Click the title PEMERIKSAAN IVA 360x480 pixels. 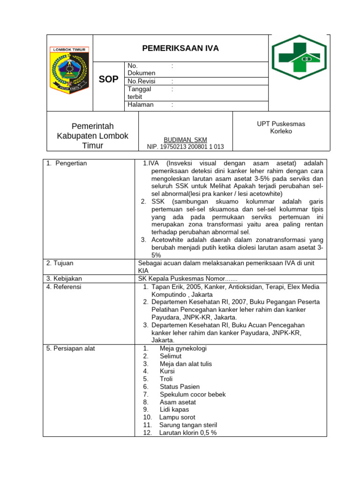pos(180,48)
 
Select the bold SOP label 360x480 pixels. pos(108,79)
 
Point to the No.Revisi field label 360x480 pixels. pos(141,81)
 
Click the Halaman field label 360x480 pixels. pos(141,105)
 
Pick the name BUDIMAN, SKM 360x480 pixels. pos(185,140)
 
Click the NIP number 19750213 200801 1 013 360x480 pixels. pos(186,147)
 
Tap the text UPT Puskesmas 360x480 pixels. pos(281,124)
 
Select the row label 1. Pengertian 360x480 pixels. pos(67,163)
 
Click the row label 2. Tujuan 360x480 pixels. pos(60,263)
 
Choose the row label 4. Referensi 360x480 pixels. pos(64,286)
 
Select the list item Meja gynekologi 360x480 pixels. pos(183,348)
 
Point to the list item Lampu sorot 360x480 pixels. pos(177,417)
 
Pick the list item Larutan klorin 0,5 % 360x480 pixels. pos(187,433)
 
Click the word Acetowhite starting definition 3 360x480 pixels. pos(167,240)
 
